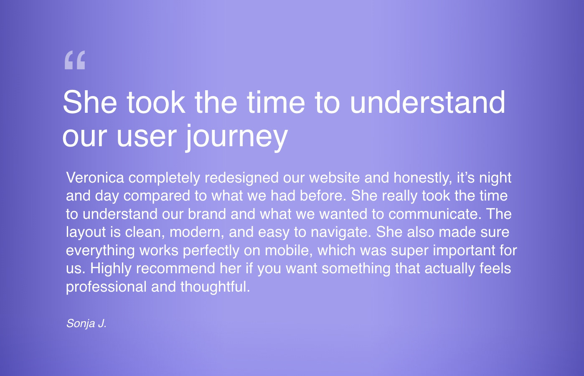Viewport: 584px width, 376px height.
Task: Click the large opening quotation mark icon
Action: (x=75, y=60)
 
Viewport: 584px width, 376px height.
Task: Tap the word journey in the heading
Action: (x=237, y=137)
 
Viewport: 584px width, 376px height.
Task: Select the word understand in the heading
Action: (x=428, y=102)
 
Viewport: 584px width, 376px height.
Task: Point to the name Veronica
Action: (x=95, y=178)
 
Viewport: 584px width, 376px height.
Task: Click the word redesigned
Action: (x=242, y=178)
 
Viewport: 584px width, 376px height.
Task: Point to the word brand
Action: (x=207, y=214)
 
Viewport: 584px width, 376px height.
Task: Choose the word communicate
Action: (x=435, y=214)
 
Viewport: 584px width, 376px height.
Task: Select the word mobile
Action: (x=289, y=251)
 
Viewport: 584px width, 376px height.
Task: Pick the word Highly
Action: (x=111, y=269)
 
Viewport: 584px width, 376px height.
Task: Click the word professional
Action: (x=106, y=287)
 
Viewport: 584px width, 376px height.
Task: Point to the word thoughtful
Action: (x=215, y=287)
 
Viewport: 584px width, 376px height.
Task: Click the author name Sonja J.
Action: (x=86, y=324)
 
